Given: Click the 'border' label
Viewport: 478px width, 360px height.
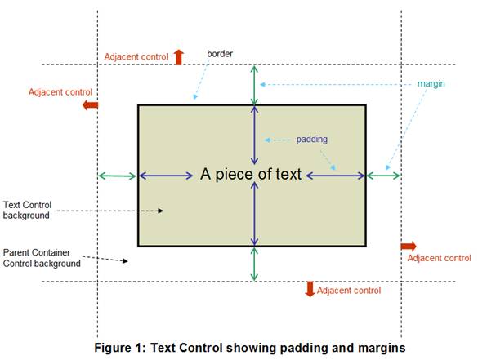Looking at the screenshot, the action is point(220,54).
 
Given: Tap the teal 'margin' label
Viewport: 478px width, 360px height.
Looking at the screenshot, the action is point(431,84).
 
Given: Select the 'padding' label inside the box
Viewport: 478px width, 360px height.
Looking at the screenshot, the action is point(312,140).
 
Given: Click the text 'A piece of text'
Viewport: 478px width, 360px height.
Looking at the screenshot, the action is point(251,174).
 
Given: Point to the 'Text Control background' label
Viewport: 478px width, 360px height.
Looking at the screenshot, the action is point(27,210).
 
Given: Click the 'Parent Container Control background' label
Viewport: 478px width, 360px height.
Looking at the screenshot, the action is point(42,258).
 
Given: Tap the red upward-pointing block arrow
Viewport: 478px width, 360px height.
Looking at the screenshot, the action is point(179,57).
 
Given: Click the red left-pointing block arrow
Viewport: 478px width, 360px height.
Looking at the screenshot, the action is point(90,105).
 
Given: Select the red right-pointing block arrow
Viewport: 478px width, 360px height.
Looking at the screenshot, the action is point(409,246).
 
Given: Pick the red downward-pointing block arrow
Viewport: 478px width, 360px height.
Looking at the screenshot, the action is point(310,289).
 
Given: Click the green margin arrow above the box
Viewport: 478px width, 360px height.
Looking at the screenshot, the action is point(254,85).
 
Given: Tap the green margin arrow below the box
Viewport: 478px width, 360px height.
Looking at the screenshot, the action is point(254,264).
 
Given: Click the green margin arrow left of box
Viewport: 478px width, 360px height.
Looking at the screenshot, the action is point(118,176).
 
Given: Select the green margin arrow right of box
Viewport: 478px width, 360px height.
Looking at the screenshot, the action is point(383,176).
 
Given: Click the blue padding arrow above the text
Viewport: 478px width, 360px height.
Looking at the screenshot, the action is point(254,136).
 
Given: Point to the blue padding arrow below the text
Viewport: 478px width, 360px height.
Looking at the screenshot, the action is point(254,213).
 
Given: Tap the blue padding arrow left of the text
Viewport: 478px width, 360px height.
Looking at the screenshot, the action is point(166,176).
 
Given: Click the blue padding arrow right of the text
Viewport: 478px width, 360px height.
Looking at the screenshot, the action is point(335,176).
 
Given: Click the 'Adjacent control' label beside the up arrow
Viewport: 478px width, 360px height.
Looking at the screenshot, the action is point(136,56).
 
